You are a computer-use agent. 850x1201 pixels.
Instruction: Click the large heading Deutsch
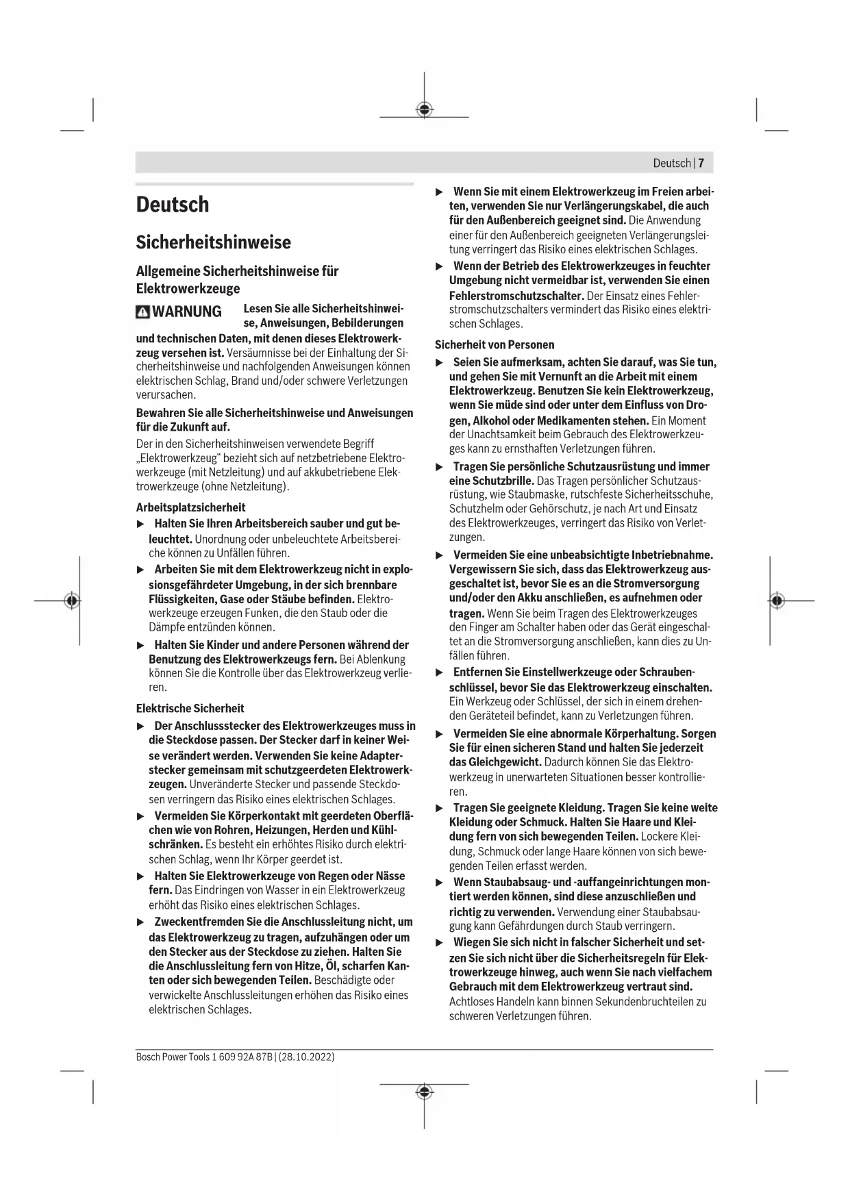click(x=173, y=205)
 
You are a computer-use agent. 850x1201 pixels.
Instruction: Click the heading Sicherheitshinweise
click(x=213, y=242)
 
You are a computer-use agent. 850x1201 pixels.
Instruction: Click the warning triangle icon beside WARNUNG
click(x=142, y=312)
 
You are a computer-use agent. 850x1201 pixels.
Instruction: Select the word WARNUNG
click(x=187, y=312)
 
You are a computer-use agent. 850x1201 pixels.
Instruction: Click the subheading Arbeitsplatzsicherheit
click(x=190, y=507)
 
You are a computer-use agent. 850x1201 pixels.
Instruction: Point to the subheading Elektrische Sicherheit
click(x=190, y=708)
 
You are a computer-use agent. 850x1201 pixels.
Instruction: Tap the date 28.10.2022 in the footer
click(x=307, y=1057)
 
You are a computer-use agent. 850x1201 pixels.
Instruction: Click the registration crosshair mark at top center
click(x=424, y=110)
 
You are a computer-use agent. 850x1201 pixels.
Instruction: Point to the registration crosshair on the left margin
click(x=71, y=600)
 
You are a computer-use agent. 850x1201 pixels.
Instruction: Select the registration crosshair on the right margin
click(x=776, y=600)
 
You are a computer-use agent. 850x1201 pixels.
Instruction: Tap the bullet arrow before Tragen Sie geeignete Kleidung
click(x=440, y=808)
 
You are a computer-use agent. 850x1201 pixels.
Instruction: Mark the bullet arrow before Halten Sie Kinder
click(x=140, y=645)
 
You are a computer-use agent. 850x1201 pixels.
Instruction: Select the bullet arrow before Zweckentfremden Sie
click(x=140, y=922)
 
